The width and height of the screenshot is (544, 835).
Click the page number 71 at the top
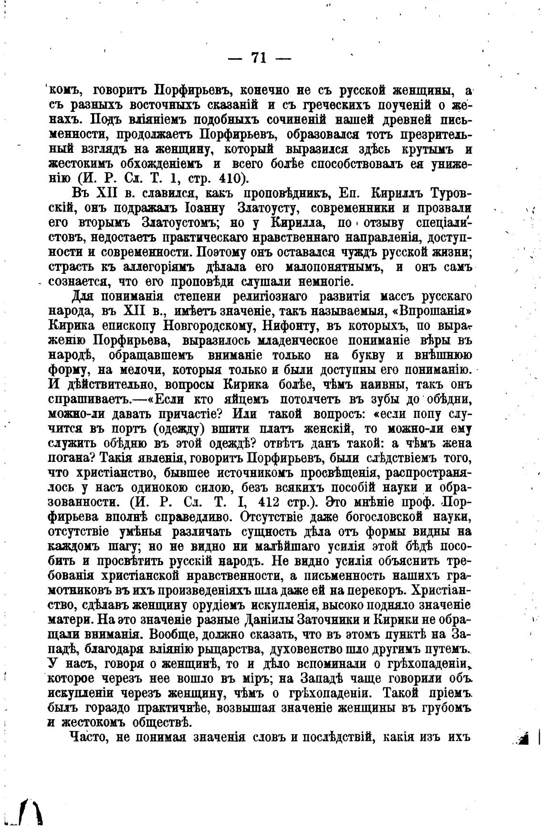(258, 58)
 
